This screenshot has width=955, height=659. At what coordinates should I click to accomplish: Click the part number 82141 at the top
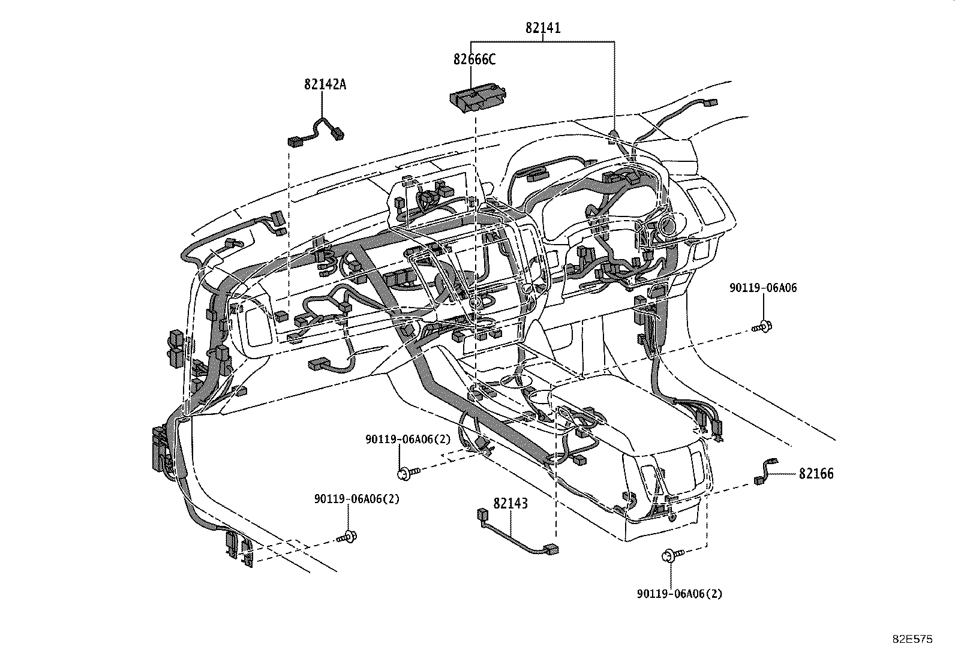[x=543, y=28]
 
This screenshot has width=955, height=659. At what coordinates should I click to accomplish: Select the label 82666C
[x=475, y=59]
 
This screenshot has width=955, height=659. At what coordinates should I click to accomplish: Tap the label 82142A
[x=325, y=84]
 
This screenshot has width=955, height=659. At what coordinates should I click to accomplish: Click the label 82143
[x=510, y=504]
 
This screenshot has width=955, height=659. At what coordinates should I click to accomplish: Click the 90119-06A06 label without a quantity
[x=763, y=288]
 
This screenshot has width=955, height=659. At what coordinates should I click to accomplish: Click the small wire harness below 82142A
[x=316, y=132]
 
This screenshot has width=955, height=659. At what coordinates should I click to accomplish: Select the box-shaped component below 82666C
[x=478, y=98]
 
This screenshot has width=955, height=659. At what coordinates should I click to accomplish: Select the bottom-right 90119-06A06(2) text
[x=680, y=594]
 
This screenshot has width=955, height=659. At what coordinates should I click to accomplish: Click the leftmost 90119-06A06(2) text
[x=356, y=499]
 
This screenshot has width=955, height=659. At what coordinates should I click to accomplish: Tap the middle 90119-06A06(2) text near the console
[x=408, y=440]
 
